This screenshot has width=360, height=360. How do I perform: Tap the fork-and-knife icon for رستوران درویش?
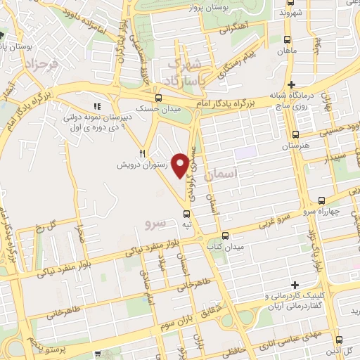142,153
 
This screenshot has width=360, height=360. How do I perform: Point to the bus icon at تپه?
186,213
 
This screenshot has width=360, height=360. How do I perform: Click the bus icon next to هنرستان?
295,134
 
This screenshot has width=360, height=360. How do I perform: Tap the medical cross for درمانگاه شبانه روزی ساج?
292,84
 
